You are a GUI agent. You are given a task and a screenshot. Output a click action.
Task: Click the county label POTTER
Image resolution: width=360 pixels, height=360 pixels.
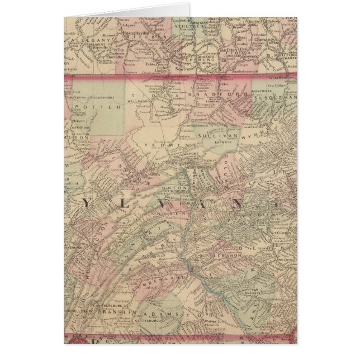(x=90, y=106)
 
